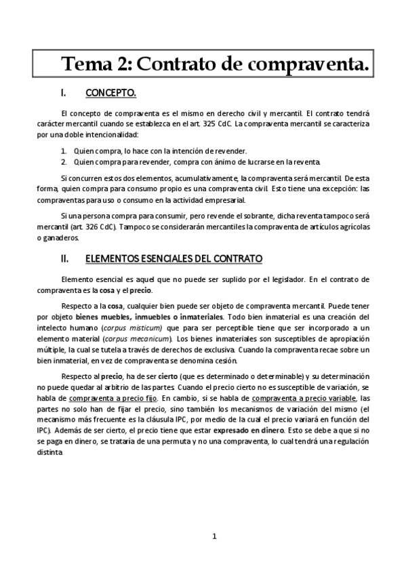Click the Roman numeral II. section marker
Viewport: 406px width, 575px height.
(64, 259)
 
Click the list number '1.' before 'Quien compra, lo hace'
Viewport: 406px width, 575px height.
(64, 151)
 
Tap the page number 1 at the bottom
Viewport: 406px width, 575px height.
(214, 537)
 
